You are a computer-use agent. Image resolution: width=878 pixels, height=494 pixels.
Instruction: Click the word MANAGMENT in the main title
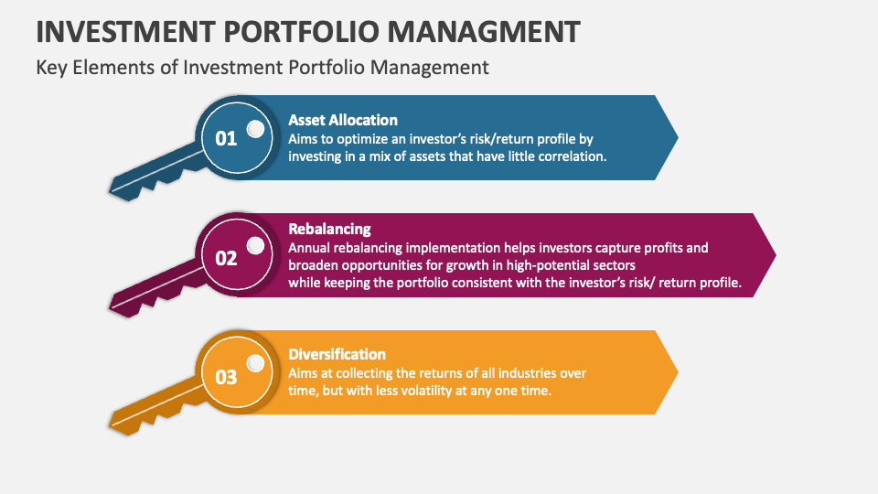484,31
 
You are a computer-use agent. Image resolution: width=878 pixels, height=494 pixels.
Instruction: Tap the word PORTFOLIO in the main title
301,31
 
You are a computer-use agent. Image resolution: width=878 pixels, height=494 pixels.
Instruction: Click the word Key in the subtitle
51,68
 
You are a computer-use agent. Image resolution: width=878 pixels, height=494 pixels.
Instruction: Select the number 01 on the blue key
226,138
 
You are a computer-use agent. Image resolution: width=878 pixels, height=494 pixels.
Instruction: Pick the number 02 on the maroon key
226,258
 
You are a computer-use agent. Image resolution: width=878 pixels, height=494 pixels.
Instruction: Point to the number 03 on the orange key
226,377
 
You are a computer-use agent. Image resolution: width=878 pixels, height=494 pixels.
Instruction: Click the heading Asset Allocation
343,120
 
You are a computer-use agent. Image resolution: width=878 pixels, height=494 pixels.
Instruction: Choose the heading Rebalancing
329,229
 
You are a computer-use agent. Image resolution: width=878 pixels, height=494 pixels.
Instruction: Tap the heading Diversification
337,354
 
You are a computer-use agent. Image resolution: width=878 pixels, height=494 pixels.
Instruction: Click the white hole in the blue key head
255,129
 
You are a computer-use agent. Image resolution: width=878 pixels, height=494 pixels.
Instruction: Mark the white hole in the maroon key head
255,245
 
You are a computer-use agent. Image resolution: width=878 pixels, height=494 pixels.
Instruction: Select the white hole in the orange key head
255,363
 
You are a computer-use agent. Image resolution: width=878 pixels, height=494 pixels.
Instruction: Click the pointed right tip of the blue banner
678,137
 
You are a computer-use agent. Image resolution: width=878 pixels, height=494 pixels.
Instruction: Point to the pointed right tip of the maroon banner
776,255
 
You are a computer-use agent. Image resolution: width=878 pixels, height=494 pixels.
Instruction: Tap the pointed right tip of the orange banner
678,372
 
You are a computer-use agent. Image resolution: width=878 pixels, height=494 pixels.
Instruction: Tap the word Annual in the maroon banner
309,248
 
